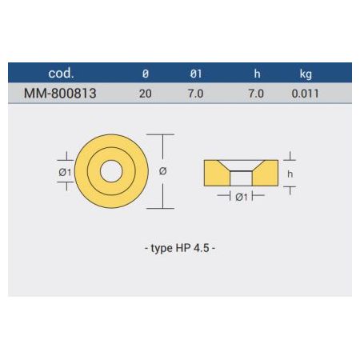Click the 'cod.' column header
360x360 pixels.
tap(62, 73)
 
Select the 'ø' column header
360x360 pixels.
tap(145, 74)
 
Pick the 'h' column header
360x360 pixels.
tap(257, 74)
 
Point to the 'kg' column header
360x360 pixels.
tap(305, 74)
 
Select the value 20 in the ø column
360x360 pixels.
tap(145, 93)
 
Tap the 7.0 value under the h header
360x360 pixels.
tap(257, 93)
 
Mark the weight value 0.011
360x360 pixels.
tap(305, 93)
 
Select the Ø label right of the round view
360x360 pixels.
tap(163, 171)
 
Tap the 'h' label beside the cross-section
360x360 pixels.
tap(290, 172)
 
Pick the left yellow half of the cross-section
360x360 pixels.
tap(216, 173)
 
